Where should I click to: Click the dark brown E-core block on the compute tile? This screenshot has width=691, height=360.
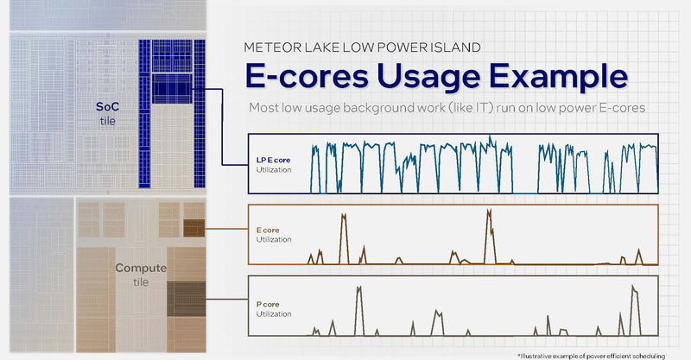click(x=194, y=228)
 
